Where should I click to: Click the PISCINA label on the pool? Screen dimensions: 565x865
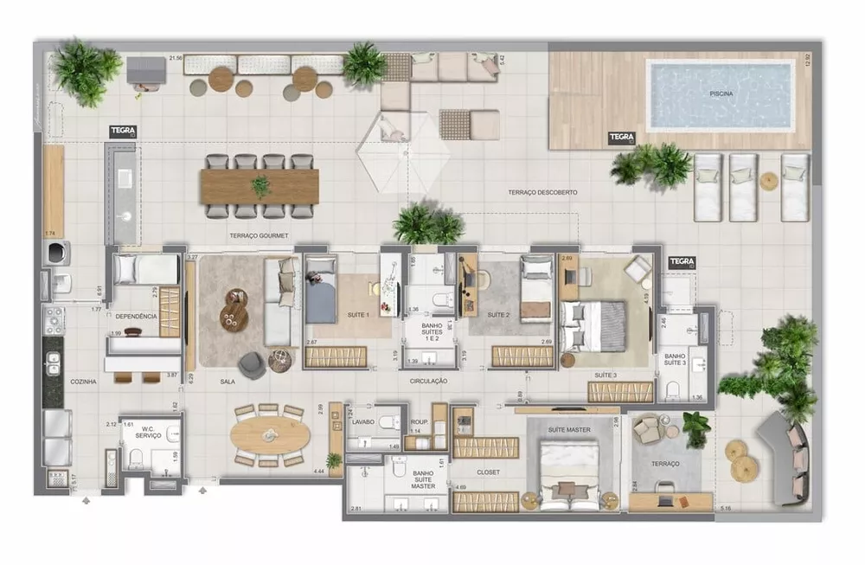pyautogui.click(x=721, y=93)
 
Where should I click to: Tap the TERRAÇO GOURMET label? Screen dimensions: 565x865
pyautogui.click(x=259, y=235)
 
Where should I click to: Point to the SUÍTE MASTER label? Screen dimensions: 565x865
pyautogui.click(x=569, y=429)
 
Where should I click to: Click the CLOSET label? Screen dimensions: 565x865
pyautogui.click(x=487, y=472)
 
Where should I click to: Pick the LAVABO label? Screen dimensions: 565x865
pyautogui.click(x=362, y=421)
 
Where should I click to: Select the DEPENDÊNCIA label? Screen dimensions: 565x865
pyautogui.click(x=136, y=317)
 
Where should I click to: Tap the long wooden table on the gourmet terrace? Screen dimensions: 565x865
pyautogui.click(x=259, y=185)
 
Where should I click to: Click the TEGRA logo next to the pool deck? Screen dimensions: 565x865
pyautogui.click(x=621, y=137)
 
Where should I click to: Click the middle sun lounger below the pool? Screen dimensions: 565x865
pyautogui.click(x=743, y=187)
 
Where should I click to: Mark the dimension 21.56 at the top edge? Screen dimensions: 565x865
pyautogui.click(x=176, y=58)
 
